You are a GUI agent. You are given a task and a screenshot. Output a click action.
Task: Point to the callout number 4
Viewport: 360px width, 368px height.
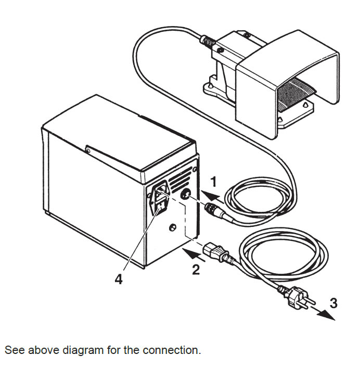[x=119, y=280]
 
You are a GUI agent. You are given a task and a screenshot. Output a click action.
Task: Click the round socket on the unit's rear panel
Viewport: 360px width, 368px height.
[x=185, y=195]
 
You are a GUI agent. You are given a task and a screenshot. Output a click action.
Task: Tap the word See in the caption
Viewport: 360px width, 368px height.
[x=14, y=350]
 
